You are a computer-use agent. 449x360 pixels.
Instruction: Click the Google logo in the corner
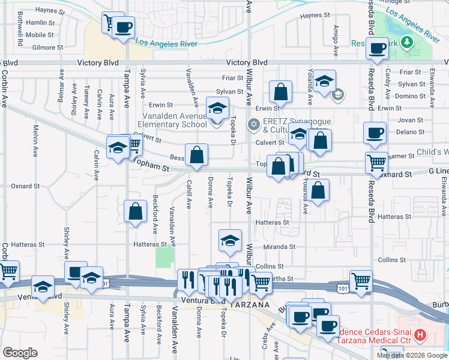point(20,353)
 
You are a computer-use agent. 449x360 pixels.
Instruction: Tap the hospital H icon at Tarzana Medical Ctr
point(420,334)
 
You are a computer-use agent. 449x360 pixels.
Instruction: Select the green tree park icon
point(407,41)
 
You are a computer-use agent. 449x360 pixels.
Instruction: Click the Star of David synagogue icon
point(253,124)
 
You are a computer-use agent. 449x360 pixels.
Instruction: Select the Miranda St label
point(279,247)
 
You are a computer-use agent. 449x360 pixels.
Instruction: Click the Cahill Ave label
point(189,194)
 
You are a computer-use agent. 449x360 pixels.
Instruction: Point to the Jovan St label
point(410,120)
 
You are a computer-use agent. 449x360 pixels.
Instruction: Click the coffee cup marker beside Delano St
point(375,133)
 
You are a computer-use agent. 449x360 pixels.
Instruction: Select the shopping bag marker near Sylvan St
point(280,92)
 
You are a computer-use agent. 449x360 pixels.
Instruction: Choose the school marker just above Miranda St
point(230,240)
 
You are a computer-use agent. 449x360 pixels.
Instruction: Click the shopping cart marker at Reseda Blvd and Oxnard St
point(376,162)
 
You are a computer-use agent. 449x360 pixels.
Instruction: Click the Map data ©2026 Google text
point(411,355)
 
